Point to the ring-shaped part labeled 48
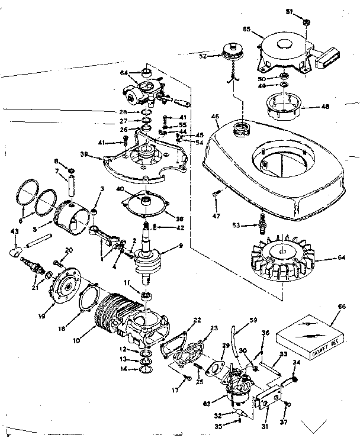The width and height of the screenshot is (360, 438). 284,106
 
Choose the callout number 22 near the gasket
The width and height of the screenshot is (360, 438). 197,320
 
